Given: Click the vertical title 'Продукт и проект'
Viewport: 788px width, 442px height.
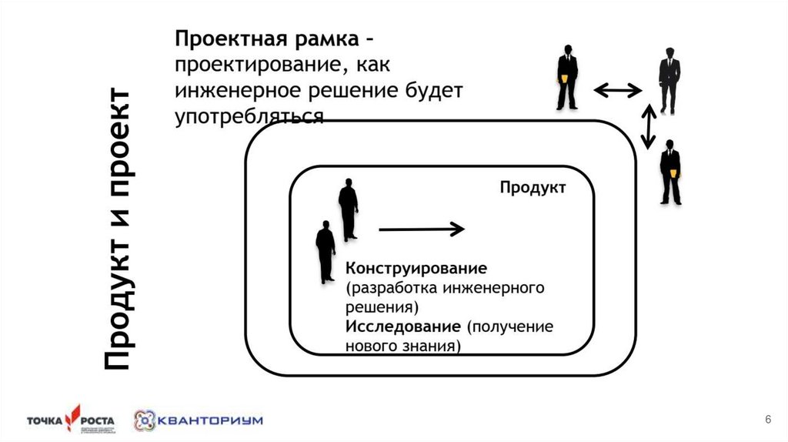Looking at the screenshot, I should [118, 229].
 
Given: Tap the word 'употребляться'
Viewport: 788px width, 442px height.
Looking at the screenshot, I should [247, 116].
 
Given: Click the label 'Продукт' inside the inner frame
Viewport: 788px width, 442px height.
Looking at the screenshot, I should [533, 187].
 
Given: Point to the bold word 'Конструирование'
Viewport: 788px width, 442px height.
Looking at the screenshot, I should [416, 270].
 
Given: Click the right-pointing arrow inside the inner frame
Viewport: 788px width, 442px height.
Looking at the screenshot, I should [422, 229].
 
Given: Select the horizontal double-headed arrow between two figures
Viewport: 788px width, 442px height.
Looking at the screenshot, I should [618, 91].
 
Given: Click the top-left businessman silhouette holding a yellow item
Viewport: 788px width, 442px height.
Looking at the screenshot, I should [567, 78].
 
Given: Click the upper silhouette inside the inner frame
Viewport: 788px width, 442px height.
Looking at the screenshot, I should [348, 209].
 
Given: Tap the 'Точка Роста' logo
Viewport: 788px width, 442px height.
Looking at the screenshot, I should [70, 420].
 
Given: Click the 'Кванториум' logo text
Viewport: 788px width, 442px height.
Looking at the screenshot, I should [210, 420].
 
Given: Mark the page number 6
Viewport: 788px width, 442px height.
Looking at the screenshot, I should [767, 419].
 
